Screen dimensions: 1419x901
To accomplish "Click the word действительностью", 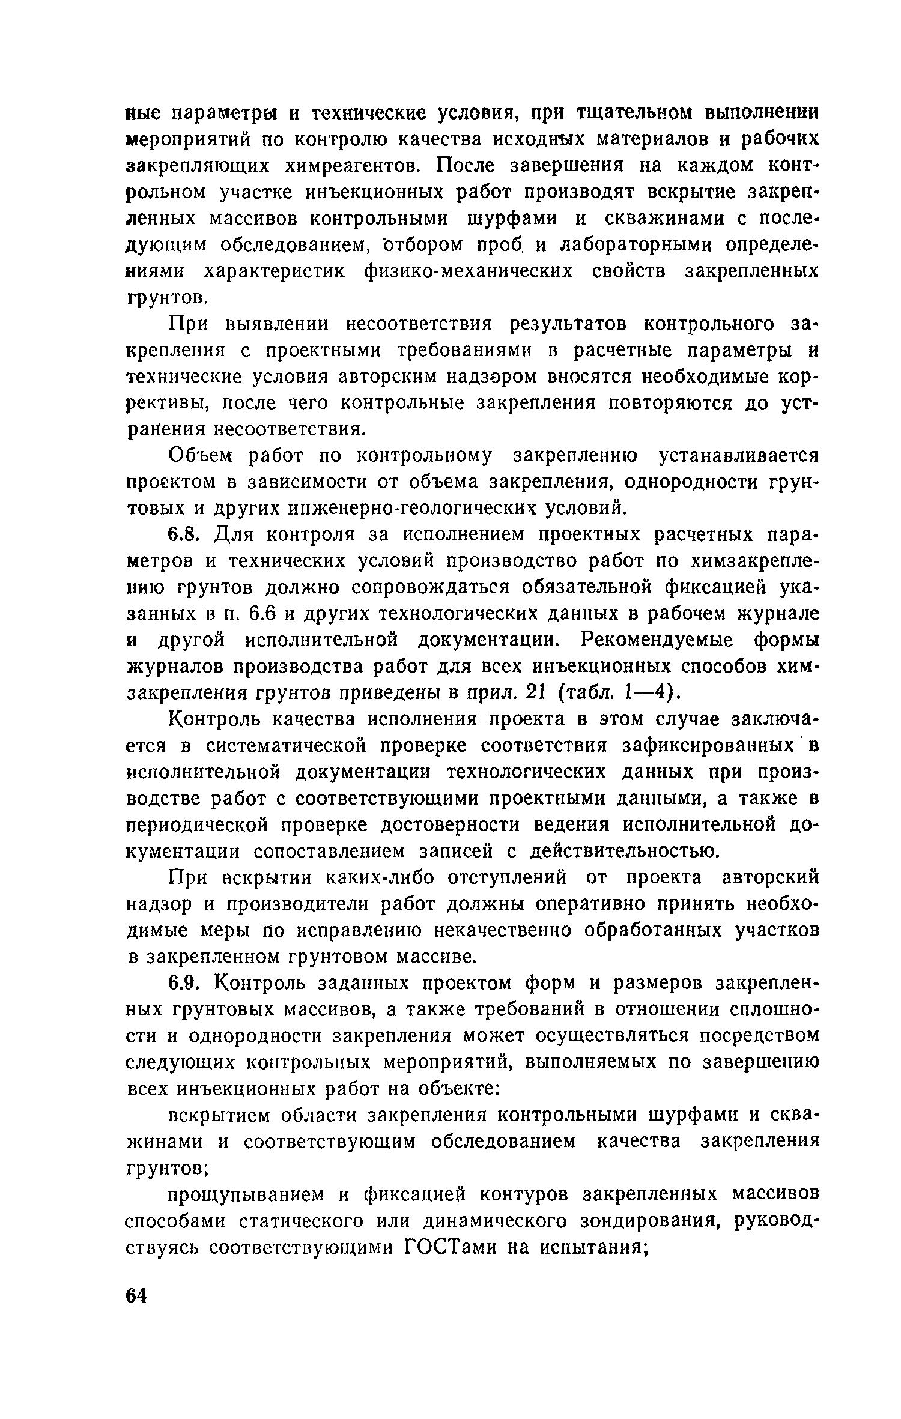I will click(623, 851).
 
